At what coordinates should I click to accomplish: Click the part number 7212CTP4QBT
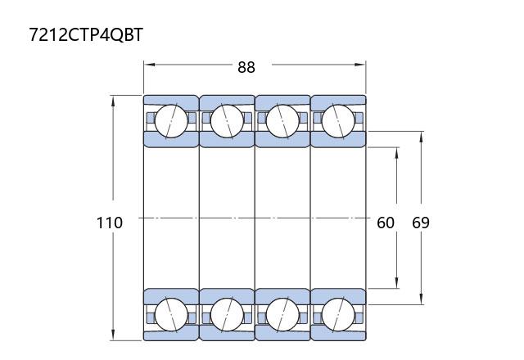(86, 34)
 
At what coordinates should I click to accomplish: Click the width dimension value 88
(246, 67)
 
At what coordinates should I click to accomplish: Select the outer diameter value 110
(110, 223)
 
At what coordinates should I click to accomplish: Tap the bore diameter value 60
(386, 223)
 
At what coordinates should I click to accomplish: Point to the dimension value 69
(421, 223)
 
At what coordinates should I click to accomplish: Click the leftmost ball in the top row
(171, 121)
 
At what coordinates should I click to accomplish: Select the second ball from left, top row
(227, 121)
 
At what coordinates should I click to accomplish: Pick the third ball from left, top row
(282, 121)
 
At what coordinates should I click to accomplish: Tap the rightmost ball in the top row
(338, 121)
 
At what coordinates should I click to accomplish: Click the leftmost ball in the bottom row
(171, 314)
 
